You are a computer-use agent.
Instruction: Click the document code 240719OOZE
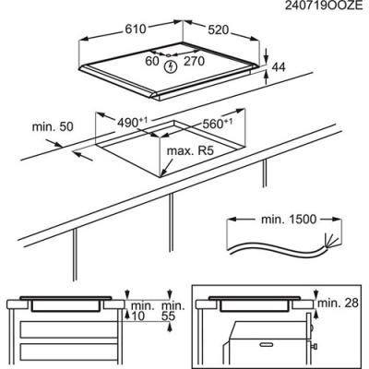[324, 6]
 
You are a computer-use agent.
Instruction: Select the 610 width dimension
[136, 29]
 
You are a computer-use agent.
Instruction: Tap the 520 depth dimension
[219, 30]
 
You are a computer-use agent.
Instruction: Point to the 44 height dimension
[279, 67]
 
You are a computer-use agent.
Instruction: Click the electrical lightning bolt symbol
[170, 67]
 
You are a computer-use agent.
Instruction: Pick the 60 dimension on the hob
[152, 61]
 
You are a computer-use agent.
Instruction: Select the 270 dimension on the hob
[194, 61]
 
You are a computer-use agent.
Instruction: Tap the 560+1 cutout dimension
[217, 124]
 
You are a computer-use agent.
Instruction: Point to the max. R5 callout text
[190, 151]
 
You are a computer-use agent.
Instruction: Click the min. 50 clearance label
[53, 126]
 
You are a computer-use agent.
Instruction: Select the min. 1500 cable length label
[289, 220]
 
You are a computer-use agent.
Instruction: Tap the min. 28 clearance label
[338, 303]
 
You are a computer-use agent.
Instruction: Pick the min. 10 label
[142, 311]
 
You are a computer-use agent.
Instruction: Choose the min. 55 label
[173, 311]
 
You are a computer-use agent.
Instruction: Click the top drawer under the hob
[69, 329]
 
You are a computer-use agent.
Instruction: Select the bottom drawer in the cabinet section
[69, 352]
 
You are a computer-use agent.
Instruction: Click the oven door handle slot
[268, 343]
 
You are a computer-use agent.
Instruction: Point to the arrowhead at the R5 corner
[163, 173]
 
